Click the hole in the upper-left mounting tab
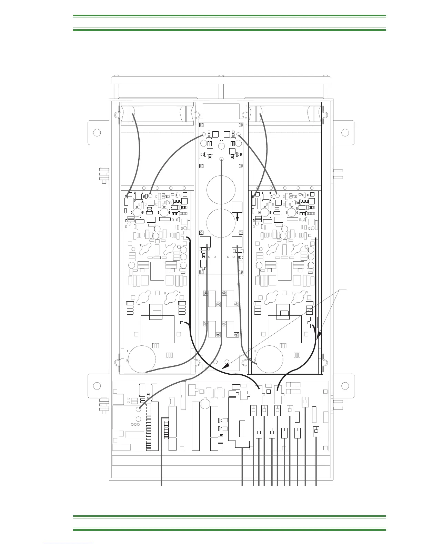pyautogui.click(x=97, y=133)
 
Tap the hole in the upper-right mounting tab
pyautogui.click(x=345, y=133)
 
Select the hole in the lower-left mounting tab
pyautogui.click(x=97, y=386)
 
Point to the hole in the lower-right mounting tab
pyautogui.click(x=345, y=386)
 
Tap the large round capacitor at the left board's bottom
pyautogui.click(x=142, y=360)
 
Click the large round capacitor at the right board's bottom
pyautogui.click(x=269, y=360)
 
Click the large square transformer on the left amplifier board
pyautogui.click(x=157, y=329)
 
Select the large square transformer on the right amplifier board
pyautogui.click(x=285, y=329)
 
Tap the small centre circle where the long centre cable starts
pyautogui.click(x=222, y=159)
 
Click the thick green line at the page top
pyautogui.click(x=229, y=16)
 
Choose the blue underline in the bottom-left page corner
pyautogui.click(x=69, y=543)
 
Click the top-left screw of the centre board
pyautogui.click(x=202, y=125)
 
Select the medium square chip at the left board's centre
pyautogui.click(x=157, y=271)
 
